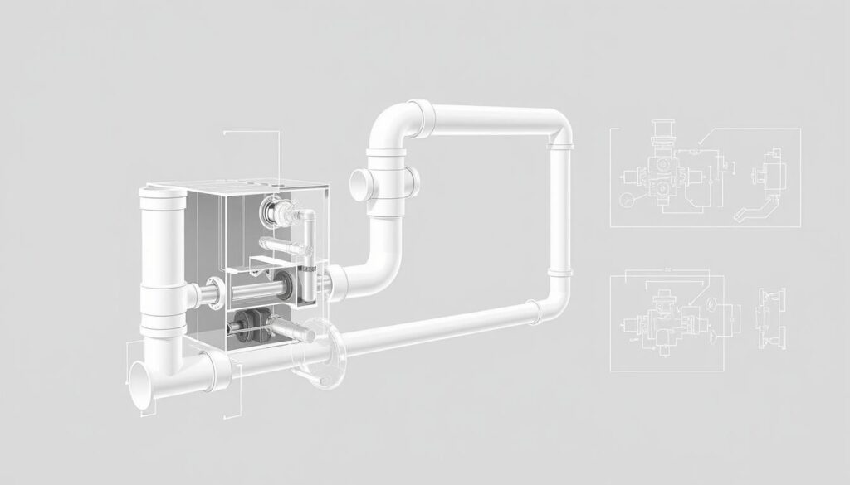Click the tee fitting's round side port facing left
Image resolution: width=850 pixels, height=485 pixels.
pos(359,180)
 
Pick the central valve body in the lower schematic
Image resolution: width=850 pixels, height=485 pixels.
pos(662,316)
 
